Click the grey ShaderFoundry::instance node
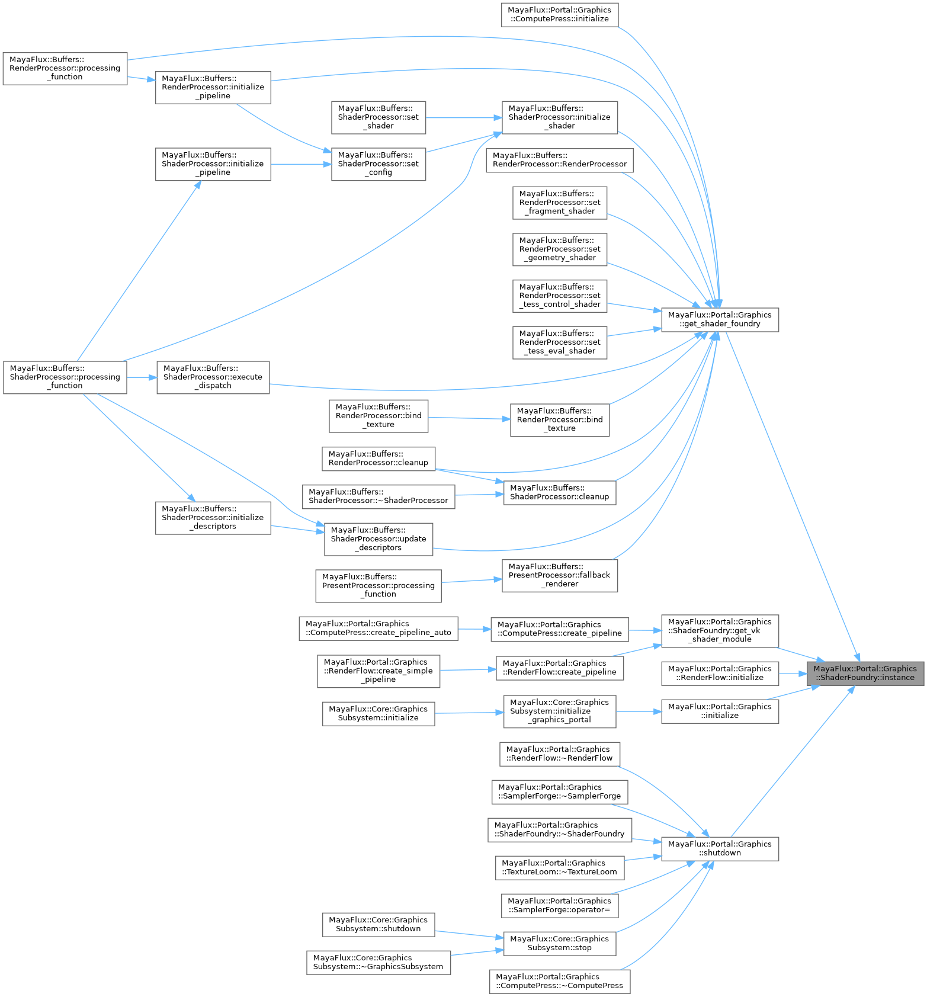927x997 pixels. (865, 673)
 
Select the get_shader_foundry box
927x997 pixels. (720, 319)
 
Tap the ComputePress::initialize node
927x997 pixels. (560, 14)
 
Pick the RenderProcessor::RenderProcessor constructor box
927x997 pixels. (560, 160)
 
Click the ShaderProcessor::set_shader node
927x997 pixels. (378, 117)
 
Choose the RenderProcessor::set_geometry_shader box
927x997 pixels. (560, 249)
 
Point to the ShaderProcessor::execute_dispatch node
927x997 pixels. (213, 377)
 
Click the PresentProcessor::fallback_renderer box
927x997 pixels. (560, 575)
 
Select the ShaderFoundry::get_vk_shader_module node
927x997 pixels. (720, 630)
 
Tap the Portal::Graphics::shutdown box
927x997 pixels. (720, 848)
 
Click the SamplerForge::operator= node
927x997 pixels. (560, 905)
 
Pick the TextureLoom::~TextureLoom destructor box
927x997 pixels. (560, 867)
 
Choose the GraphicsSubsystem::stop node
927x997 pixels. (560, 943)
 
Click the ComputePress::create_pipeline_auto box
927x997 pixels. (378, 629)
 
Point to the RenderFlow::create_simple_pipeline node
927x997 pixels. (378, 671)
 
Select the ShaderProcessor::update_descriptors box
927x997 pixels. (378, 539)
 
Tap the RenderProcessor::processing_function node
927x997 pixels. (65, 68)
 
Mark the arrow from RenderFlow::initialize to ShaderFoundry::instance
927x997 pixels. (793, 673)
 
